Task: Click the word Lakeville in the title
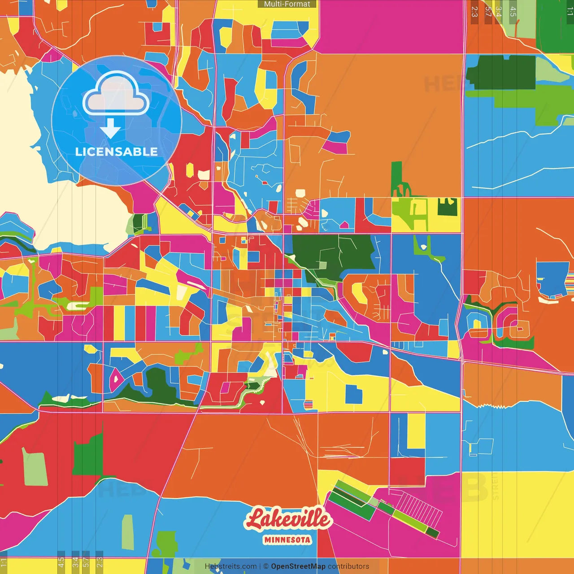[x=288, y=520]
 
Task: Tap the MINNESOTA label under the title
[x=287, y=539]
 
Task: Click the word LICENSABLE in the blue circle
[x=117, y=152]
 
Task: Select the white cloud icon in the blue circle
[x=116, y=94]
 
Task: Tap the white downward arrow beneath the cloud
[x=110, y=129]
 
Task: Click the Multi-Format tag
[x=287, y=4]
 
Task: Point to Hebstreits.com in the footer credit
[x=230, y=566]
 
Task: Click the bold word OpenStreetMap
[x=298, y=566]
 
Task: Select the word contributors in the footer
[x=348, y=566]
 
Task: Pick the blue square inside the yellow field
[x=354, y=394]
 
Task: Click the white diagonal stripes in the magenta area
[x=419, y=509]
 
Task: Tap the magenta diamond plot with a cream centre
[x=116, y=378]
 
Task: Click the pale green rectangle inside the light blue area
[x=128, y=532]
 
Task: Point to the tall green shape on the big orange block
[x=397, y=177]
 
